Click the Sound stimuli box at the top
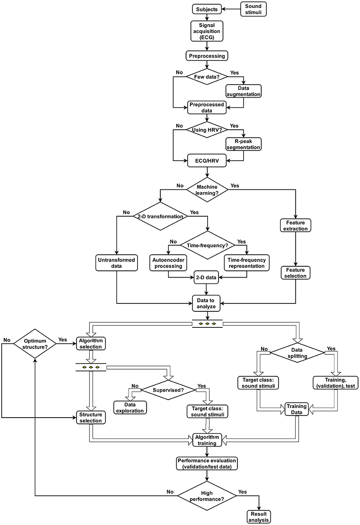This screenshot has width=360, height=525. (x=253, y=9)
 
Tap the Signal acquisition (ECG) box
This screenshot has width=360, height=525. (x=207, y=31)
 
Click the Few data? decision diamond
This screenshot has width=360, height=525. (x=206, y=76)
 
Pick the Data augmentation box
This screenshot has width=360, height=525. (x=244, y=91)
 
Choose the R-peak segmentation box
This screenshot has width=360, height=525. (x=243, y=144)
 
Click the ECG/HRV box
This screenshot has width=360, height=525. (x=206, y=160)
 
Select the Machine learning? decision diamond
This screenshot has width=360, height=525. (x=207, y=190)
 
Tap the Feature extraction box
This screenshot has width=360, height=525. (x=295, y=225)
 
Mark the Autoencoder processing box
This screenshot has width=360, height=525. (x=168, y=263)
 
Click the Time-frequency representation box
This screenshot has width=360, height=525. (x=247, y=263)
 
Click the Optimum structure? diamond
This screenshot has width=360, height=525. (x=36, y=344)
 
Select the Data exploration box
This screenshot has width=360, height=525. (x=130, y=408)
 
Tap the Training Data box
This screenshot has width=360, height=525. (x=296, y=409)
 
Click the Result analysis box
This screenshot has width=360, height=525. (x=259, y=517)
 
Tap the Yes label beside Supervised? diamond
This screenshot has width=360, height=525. (x=202, y=386)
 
